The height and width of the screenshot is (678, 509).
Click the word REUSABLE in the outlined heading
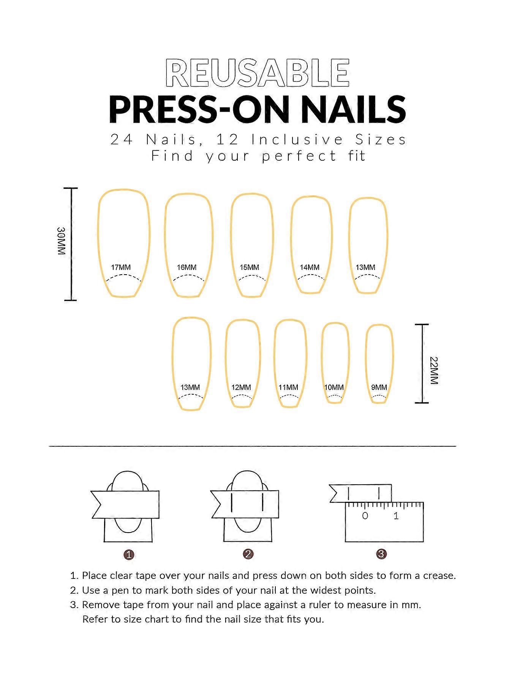(258, 73)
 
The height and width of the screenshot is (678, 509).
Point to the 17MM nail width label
(121, 267)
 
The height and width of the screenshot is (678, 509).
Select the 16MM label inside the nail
(187, 267)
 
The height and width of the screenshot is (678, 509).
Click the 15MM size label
(250, 267)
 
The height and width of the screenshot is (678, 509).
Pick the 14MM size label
(310, 267)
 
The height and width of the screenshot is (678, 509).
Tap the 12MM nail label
(241, 387)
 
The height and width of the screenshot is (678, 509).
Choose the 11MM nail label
(288, 387)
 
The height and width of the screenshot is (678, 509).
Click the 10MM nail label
(334, 387)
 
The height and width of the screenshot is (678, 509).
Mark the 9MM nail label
(379, 387)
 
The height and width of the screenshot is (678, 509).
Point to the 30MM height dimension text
(62, 241)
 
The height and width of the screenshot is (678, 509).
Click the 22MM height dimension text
(434, 371)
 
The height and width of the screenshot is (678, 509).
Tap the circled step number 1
(129, 555)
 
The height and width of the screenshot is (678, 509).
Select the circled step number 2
(248, 554)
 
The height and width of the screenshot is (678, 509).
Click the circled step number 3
(381, 554)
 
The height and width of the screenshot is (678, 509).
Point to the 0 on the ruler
(365, 516)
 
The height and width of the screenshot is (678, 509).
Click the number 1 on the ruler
(396, 516)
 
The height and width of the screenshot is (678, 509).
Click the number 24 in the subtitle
(122, 140)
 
